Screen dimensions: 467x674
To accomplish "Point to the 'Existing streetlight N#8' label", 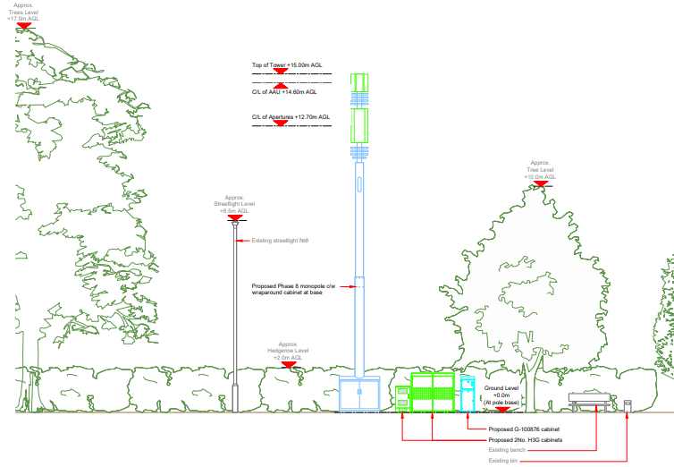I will (x=274, y=240).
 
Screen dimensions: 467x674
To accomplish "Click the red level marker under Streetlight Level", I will (x=235, y=218).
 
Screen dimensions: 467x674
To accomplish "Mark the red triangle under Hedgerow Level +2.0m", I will (x=287, y=365).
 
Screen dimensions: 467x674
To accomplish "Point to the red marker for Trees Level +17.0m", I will (x=24, y=27).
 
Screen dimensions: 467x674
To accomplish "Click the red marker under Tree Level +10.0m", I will (x=542, y=184).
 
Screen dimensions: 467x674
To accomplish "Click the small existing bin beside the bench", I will (x=628, y=406).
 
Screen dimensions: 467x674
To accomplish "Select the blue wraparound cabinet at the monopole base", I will (x=361, y=395).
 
